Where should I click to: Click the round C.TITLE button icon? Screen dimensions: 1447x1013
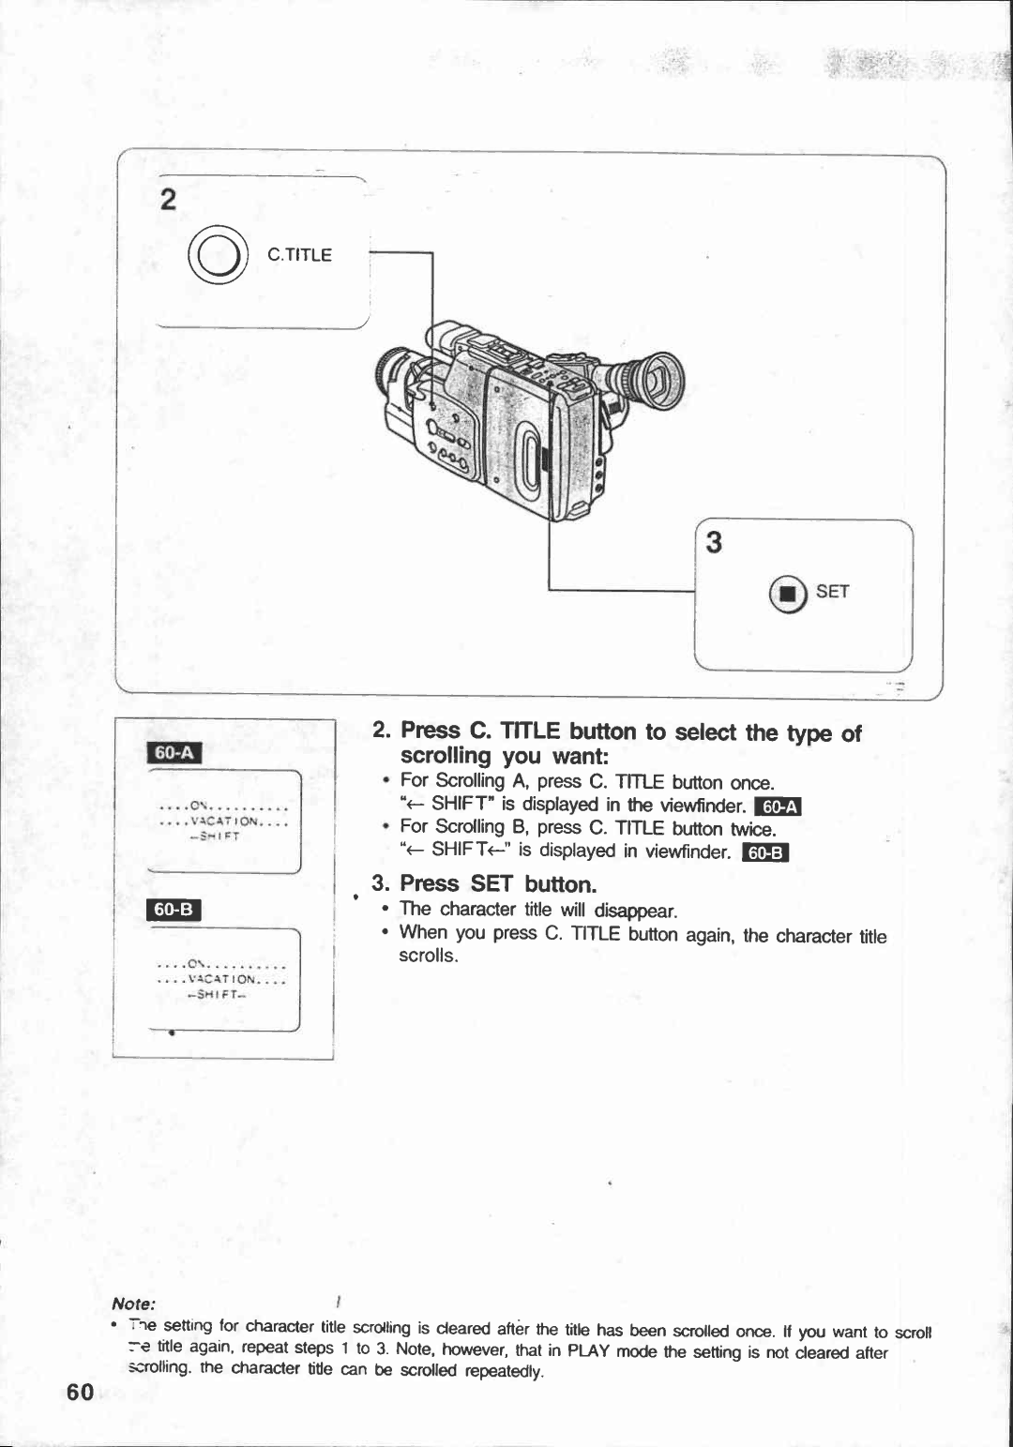click(x=218, y=255)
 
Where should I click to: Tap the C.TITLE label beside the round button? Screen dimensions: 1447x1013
click(x=299, y=255)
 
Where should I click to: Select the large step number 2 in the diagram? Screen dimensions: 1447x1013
click(x=168, y=200)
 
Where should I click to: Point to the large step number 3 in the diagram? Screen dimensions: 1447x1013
click(x=715, y=543)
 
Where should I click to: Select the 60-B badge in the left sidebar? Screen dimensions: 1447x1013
click(x=174, y=909)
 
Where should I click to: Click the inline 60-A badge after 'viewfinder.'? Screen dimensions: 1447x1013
click(x=778, y=806)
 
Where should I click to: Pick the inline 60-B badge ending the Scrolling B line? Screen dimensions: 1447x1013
click(x=766, y=852)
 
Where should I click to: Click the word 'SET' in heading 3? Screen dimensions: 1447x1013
click(x=492, y=884)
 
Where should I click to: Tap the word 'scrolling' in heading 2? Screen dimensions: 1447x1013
click(x=446, y=756)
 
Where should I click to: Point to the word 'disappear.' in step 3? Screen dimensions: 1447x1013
click(x=636, y=911)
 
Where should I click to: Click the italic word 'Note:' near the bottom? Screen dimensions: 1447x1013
click(x=133, y=1304)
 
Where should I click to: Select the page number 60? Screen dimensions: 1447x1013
click(x=81, y=1393)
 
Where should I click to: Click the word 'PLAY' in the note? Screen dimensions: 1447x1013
click(x=590, y=1350)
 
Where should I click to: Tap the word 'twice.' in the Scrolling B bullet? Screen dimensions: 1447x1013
click(x=754, y=829)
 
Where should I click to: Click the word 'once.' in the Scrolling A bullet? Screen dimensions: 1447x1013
click(x=752, y=783)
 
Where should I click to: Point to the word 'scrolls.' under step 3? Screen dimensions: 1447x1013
click(x=428, y=956)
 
